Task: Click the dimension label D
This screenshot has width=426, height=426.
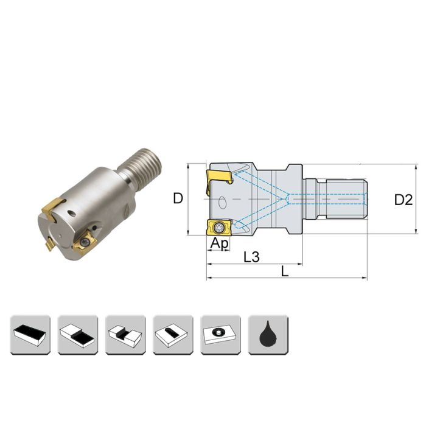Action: pyautogui.click(x=178, y=198)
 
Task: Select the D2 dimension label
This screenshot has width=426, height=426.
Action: pyautogui.click(x=403, y=199)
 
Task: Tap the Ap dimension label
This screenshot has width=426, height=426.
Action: pyautogui.click(x=219, y=243)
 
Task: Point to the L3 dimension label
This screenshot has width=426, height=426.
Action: pyautogui.click(x=251, y=257)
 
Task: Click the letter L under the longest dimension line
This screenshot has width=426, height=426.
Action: pyautogui.click(x=285, y=271)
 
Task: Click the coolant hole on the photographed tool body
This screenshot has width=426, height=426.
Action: pyautogui.click(x=72, y=213)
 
